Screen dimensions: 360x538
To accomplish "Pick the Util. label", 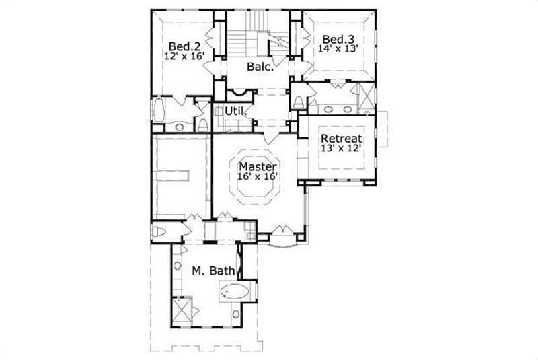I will (x=235, y=110).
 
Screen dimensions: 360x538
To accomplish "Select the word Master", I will (x=258, y=165).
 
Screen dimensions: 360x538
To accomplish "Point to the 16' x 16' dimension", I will (x=258, y=176).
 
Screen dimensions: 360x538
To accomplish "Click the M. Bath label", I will (x=213, y=271).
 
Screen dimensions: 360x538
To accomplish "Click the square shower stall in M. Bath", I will (x=182, y=310).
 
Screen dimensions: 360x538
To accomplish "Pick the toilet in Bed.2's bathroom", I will (x=202, y=124).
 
